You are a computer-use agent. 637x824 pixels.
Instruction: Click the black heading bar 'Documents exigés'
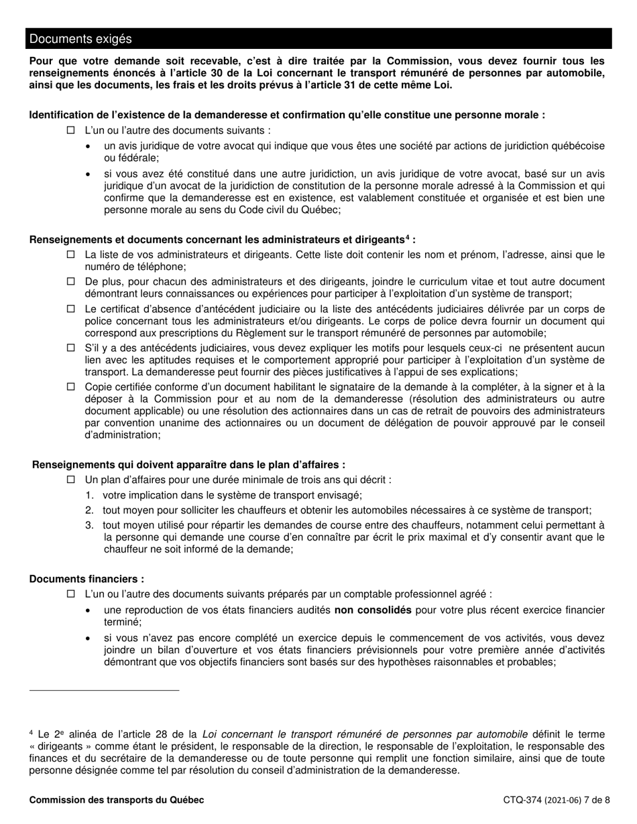pyautogui.click(x=319, y=39)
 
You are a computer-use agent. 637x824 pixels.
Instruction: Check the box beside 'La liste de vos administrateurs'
pyautogui.click(x=71, y=255)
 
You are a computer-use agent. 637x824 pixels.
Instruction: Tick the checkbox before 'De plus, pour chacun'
pyautogui.click(x=71, y=282)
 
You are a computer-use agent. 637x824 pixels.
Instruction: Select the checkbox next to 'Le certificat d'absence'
pyautogui.click(x=71, y=310)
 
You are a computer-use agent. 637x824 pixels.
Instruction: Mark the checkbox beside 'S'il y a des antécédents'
pyautogui.click(x=71, y=348)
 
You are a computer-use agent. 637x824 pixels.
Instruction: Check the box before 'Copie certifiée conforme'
pyautogui.click(x=71, y=387)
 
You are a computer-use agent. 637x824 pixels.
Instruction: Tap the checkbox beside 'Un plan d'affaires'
pyautogui.click(x=71, y=480)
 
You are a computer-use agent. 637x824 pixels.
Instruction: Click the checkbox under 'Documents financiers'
pyautogui.click(x=71, y=594)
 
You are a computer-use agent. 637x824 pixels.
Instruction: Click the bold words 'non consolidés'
pyautogui.click(x=373, y=610)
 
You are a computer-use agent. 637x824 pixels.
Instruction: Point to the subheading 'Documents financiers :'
pyautogui.click(x=86, y=579)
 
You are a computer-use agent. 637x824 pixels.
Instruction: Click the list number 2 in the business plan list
pyautogui.click(x=89, y=510)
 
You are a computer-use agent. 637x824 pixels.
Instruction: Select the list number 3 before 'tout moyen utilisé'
pyautogui.click(x=89, y=525)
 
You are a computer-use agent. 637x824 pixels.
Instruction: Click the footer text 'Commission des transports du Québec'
pyautogui.click(x=117, y=800)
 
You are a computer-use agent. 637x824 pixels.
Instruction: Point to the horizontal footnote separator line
pyautogui.click(x=104, y=689)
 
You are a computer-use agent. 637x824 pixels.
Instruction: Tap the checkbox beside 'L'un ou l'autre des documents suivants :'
pyautogui.click(x=71, y=131)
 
